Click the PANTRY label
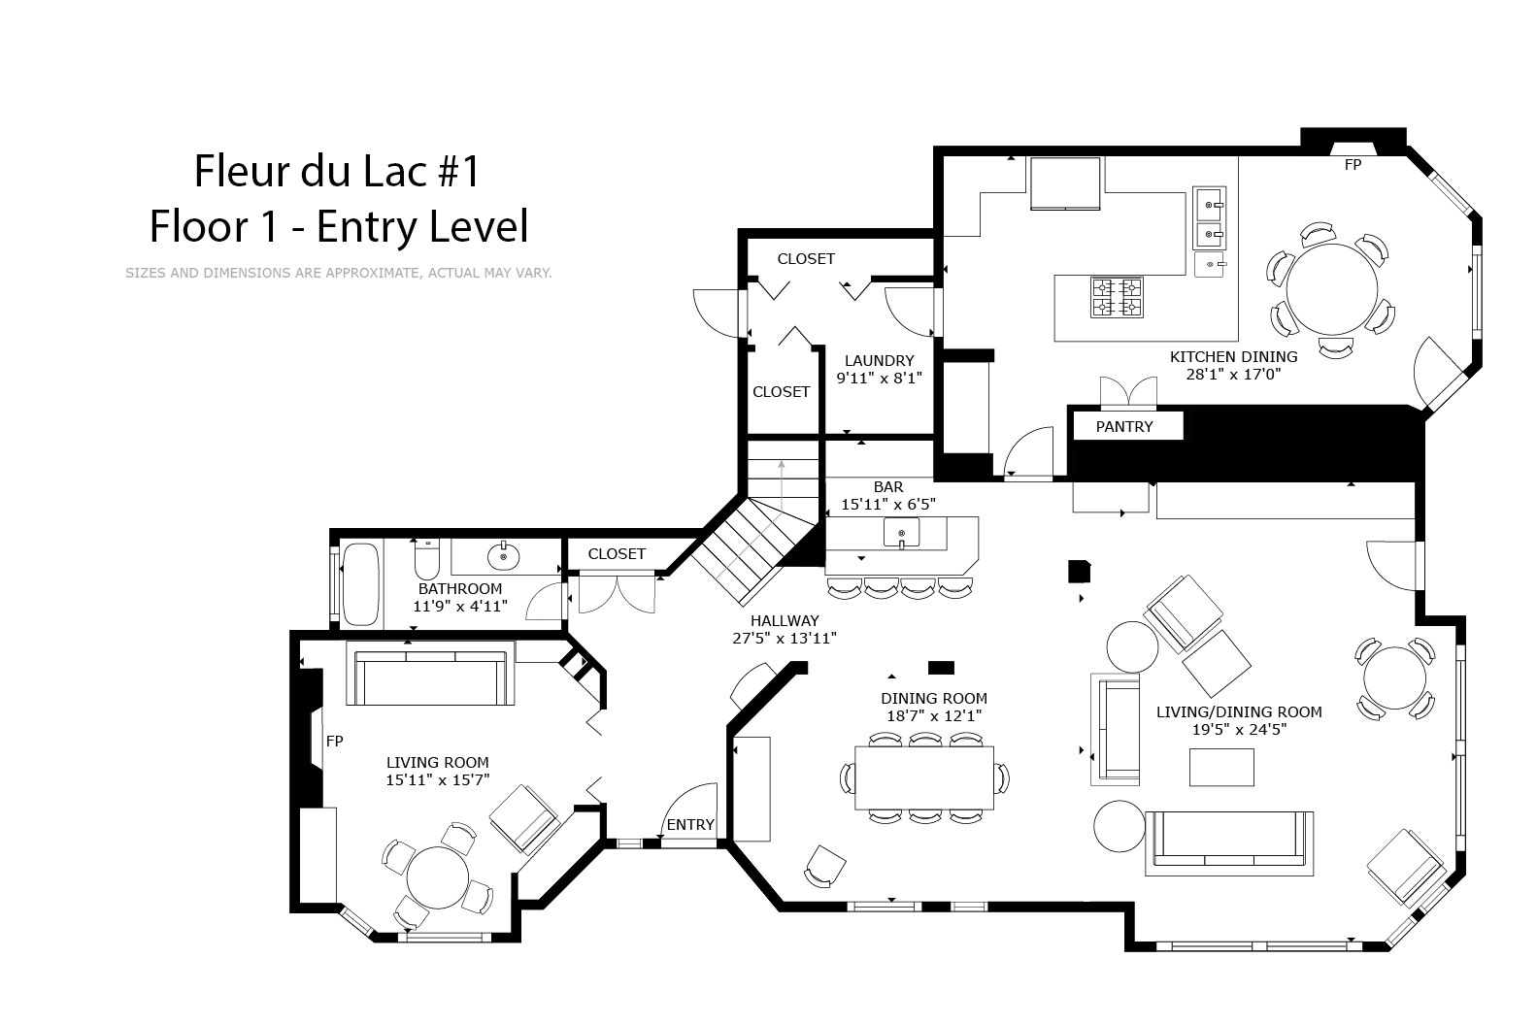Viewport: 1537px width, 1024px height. [1124, 427]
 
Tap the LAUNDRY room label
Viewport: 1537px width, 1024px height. [879, 361]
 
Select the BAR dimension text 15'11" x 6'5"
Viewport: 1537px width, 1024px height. [888, 505]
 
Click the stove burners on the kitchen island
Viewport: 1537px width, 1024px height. [1118, 297]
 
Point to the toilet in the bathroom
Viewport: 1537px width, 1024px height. [427, 559]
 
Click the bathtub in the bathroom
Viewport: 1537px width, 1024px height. [360, 584]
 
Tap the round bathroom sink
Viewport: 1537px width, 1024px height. [504, 556]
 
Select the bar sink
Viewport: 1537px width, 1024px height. [902, 533]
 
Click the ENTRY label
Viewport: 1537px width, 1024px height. [690, 825]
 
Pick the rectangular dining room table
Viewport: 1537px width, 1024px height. [924, 777]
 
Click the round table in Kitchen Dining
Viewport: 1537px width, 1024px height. [1332, 289]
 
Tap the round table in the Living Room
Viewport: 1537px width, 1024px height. [437, 878]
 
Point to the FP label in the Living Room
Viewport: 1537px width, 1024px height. [334, 742]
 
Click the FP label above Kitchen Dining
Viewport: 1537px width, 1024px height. [1353, 165]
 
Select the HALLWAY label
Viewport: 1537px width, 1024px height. [785, 621]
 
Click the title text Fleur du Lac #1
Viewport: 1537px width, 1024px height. [336, 171]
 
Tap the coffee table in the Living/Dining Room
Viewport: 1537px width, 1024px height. [1221, 768]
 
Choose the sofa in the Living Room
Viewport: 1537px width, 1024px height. [430, 673]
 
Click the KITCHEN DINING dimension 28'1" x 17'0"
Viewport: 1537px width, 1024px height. [1233, 375]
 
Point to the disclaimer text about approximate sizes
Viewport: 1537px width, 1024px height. [338, 273]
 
